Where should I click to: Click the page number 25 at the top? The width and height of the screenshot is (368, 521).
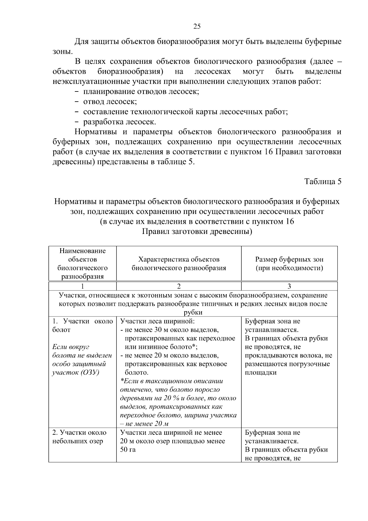pos(197,26)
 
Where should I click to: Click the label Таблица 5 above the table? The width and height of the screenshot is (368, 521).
pos(323,181)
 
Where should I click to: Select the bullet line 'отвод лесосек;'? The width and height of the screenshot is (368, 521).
pos(110,102)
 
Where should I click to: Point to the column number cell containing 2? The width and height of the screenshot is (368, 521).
pos(179,286)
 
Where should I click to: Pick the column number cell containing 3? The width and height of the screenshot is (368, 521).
pos(289,286)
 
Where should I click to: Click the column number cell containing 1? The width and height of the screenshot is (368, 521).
pos(82,286)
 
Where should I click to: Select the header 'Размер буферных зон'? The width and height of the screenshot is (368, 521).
pos(289,259)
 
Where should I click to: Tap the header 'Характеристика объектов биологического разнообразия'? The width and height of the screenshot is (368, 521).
pos(179,263)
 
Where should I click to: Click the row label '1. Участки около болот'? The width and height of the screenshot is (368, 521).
pos(82,325)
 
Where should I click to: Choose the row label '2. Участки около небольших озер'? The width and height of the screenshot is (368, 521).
pos(79,437)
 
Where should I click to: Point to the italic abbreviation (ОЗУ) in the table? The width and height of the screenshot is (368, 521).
pos(89,372)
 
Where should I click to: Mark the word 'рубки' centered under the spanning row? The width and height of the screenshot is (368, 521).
pos(193,313)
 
